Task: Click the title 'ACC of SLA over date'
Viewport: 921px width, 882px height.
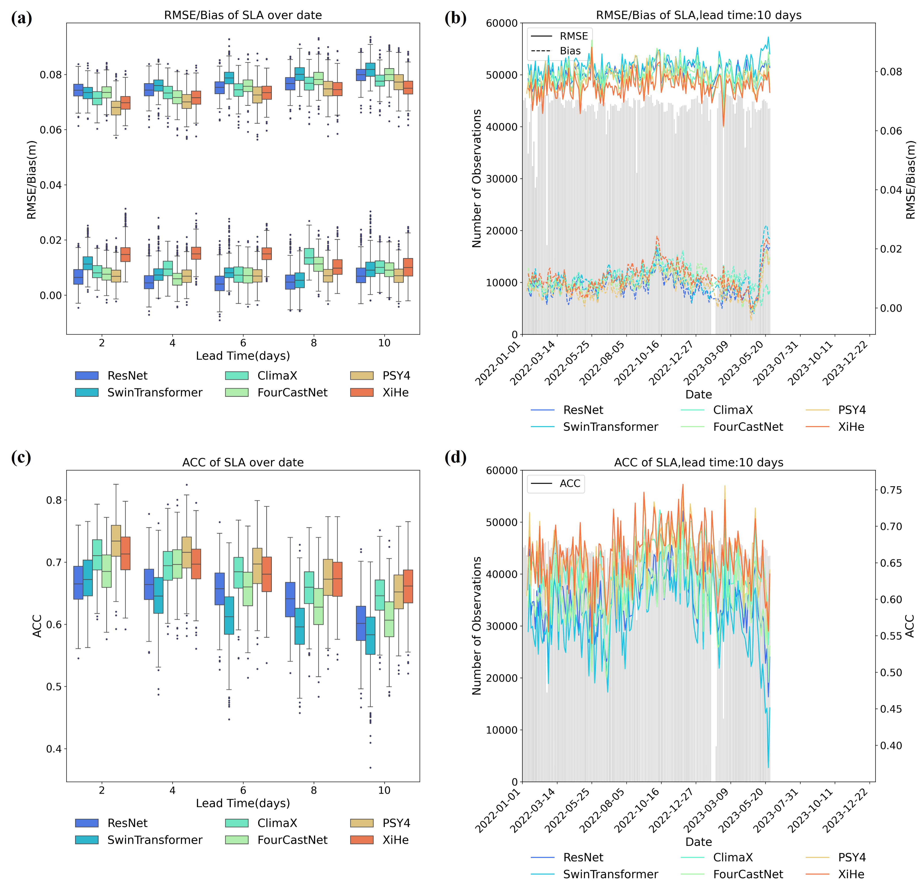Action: (x=243, y=463)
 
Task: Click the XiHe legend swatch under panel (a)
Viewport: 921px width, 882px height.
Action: (x=362, y=393)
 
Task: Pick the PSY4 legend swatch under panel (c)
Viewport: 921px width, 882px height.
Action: (x=362, y=823)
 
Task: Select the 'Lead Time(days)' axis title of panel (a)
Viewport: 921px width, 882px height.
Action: (x=243, y=356)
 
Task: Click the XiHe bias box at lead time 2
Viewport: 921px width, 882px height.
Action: (x=126, y=254)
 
